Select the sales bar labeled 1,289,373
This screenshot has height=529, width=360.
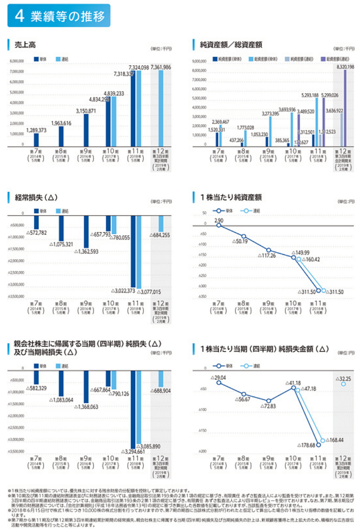pyautogui.click(x=36, y=140)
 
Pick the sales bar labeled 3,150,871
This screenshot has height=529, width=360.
pyautogui.click(x=86, y=130)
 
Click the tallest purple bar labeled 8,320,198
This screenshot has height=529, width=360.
pyautogui.click(x=345, y=108)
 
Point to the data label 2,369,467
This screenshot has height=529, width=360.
pyautogui.click(x=220, y=122)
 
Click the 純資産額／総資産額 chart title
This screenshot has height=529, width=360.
pyautogui.click(x=231, y=44)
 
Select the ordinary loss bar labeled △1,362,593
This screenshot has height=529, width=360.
pyautogui.click(x=86, y=231)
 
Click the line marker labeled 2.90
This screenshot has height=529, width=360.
pyautogui.click(x=219, y=225)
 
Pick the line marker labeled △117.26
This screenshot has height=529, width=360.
pyautogui.click(x=268, y=250)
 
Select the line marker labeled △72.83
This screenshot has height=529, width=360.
pyautogui.click(x=268, y=401)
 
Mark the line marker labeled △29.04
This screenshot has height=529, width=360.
pyautogui.click(x=219, y=382)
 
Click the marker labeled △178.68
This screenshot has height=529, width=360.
pyautogui.click(x=319, y=444)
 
